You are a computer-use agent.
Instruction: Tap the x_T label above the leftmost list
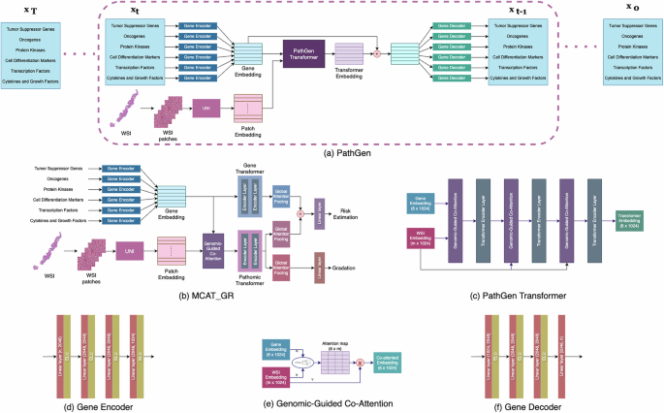[x=31, y=12]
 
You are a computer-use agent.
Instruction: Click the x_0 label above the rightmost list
[x=632, y=12]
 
